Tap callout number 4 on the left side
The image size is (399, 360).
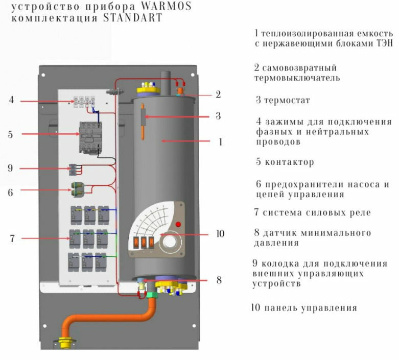[x=11, y=100]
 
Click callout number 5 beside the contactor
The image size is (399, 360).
[x=11, y=135]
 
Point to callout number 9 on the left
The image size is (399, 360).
[x=11, y=167]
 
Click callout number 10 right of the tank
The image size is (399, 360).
[x=220, y=234]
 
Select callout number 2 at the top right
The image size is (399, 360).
[x=218, y=94]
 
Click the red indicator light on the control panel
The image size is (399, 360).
[x=178, y=225]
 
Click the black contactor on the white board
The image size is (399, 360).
[x=88, y=136]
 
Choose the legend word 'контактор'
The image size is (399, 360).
[x=289, y=162]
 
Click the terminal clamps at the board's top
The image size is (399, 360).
[x=85, y=100]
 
